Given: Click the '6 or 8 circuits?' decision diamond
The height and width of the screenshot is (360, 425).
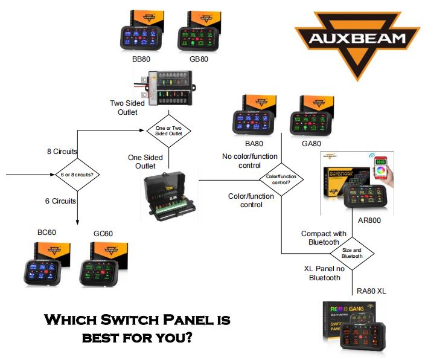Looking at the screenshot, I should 78,176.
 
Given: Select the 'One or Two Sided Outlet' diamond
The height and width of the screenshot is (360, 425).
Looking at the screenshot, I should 168,130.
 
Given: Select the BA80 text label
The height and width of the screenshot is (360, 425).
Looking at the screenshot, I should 254,143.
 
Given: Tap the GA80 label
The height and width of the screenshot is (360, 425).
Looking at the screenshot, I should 311,143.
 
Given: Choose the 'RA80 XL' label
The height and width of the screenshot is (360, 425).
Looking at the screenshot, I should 371,291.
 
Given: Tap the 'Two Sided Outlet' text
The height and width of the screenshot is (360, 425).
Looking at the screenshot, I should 124,108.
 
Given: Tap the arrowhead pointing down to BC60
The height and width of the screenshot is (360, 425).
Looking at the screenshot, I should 78,222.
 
